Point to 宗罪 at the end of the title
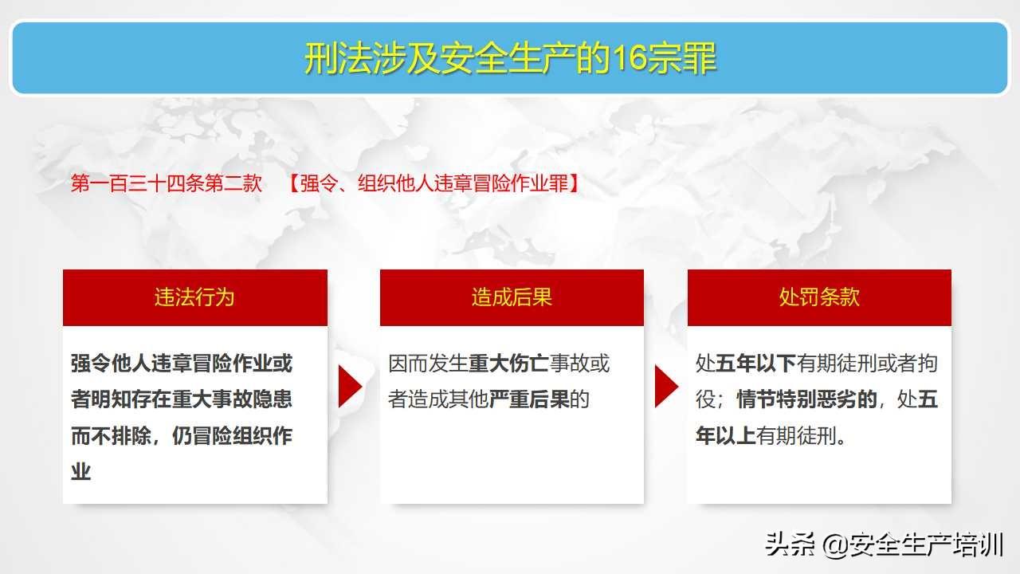pos(682,58)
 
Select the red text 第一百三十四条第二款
pos(167,183)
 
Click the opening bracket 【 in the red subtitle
pos(294,183)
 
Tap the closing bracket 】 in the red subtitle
pos(575,183)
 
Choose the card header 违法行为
pos(194,297)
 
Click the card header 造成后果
pos(512,297)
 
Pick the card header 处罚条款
pos(819,297)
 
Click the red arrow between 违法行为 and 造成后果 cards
pos(349,387)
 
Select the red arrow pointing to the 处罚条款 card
pos(665,387)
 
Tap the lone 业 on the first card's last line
pos(81,471)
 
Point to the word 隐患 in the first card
pos(273,399)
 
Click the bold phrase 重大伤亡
pos(508,364)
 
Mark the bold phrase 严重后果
pos(529,399)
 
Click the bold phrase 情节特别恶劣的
pos(806,399)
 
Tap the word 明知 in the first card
pos(111,399)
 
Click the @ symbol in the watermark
pos(834,545)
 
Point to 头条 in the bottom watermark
pos(790,545)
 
